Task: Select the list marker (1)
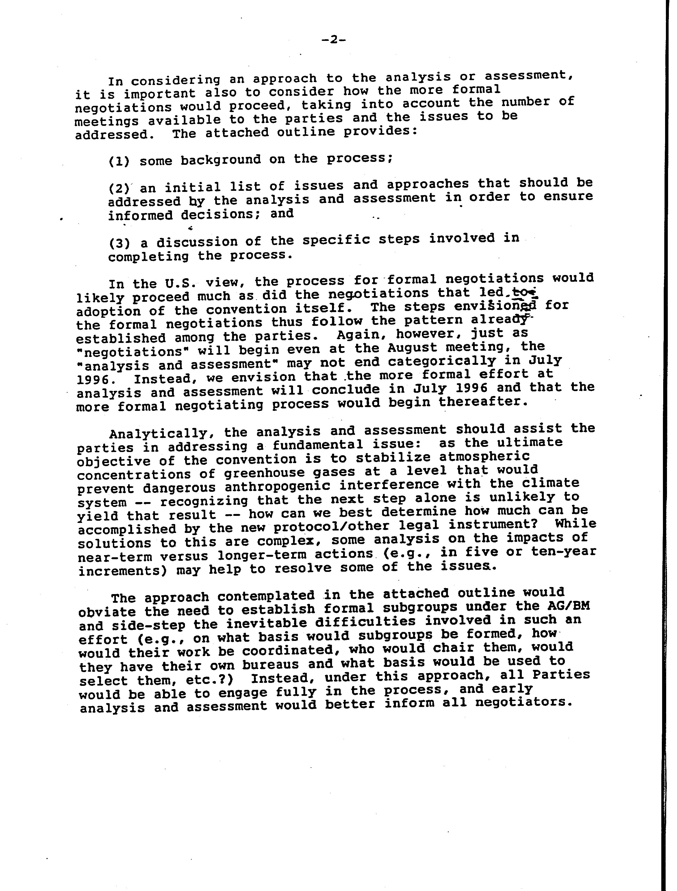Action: click(x=119, y=162)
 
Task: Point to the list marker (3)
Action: click(x=119, y=243)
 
